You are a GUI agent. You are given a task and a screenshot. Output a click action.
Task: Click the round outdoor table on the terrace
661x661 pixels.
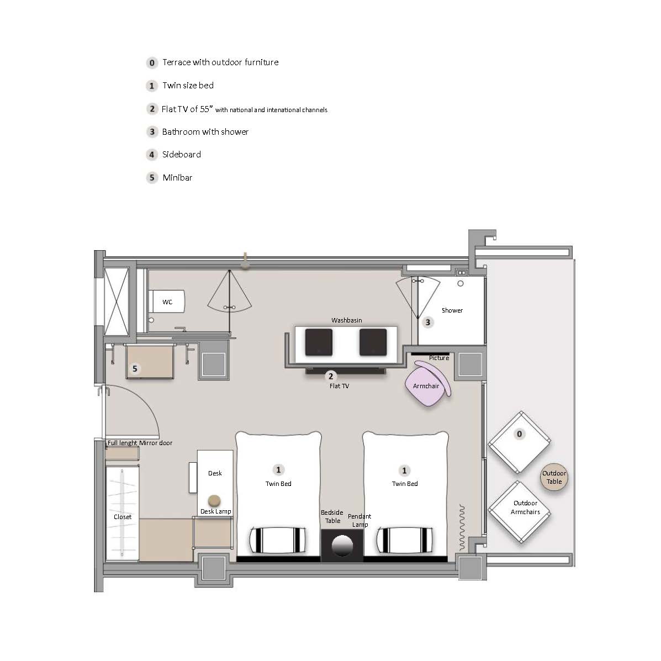pos(554,477)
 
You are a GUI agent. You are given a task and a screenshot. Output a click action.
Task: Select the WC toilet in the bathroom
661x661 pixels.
pos(167,301)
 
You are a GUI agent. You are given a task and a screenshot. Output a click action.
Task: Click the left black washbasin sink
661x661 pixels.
pos(319,342)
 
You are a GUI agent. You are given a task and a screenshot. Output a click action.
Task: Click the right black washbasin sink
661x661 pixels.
pos(373,342)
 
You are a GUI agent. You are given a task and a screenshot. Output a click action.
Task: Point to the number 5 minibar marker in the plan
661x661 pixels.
pos(135,369)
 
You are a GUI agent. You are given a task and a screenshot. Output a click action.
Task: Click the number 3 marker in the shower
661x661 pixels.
pos(428,322)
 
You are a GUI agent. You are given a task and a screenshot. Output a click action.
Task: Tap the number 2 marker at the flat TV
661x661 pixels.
pos(331,376)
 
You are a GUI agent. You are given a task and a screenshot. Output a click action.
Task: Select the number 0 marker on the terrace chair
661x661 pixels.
pos(519,434)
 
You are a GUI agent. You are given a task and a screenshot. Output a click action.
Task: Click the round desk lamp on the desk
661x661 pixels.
pos(215,501)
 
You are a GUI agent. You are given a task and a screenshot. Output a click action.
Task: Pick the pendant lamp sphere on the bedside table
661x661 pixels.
pos(342,546)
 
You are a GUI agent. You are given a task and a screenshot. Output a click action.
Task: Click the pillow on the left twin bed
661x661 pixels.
pos(278,540)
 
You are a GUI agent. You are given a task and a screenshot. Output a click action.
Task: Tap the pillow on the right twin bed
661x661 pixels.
pos(405,540)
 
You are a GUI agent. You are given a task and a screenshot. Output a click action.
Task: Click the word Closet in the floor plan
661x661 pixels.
pos(123,517)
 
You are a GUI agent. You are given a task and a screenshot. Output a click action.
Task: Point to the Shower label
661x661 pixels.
pos(452,310)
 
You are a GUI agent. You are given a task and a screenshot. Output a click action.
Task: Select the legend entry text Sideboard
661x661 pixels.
pos(182,154)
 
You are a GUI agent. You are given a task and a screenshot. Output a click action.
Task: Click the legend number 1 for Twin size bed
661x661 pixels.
pos(152,86)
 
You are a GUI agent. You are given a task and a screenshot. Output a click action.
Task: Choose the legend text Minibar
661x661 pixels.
pos(177,177)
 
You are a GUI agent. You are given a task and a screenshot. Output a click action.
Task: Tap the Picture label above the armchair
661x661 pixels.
pos(439,358)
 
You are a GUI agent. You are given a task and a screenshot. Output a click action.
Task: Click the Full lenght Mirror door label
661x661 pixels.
pos(140,443)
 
